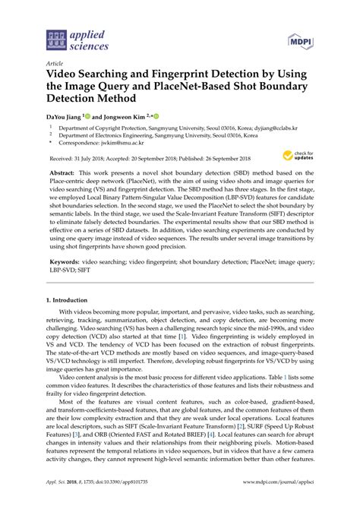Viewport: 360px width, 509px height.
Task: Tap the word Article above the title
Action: click(55, 63)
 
